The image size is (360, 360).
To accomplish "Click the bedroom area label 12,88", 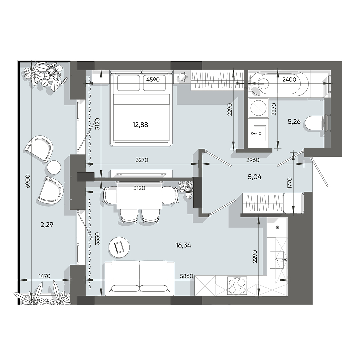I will click(140, 125).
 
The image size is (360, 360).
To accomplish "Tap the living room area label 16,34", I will click(183, 245).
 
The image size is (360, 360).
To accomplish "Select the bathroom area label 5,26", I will click(294, 122).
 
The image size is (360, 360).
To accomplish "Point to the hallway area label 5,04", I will click(255, 177).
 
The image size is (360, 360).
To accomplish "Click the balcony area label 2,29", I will click(47, 225).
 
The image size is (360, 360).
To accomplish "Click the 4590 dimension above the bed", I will click(153, 79).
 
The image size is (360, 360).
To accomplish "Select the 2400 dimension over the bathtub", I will click(289, 79).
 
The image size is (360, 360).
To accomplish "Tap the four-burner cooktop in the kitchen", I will click(237, 286).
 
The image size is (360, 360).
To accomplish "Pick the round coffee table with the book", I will click(119, 247).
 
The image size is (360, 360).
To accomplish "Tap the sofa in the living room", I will click(140, 278).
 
